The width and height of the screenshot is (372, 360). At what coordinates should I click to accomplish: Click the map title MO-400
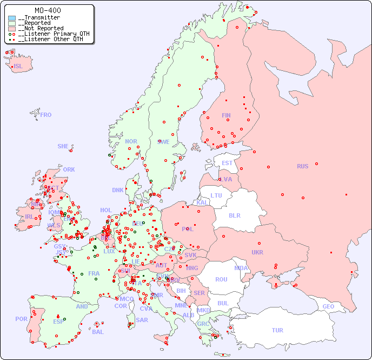point(48,10)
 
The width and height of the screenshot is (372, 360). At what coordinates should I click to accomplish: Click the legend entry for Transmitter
point(41,18)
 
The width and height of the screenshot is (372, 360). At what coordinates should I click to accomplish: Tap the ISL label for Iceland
point(18,67)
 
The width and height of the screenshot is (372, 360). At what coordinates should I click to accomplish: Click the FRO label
point(46,115)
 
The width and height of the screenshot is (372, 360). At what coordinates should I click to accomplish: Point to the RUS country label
point(302,166)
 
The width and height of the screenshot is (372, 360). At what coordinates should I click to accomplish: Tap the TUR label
point(277,330)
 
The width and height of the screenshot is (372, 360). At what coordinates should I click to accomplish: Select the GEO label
point(328,306)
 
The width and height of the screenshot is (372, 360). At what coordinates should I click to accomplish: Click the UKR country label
point(257,252)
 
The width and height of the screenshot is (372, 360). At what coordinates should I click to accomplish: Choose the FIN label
point(226,115)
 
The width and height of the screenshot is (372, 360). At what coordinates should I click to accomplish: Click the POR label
point(21,319)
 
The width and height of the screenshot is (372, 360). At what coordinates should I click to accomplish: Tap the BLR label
point(234,215)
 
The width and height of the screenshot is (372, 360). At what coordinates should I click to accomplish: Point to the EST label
point(227,163)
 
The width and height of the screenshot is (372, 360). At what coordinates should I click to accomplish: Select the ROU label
point(221,279)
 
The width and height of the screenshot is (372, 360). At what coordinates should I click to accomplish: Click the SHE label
point(63,146)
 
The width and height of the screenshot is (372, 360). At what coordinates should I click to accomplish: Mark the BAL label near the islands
point(98,332)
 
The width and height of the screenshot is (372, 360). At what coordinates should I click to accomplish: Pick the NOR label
point(131,141)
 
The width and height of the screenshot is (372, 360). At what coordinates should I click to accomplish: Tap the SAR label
point(142,320)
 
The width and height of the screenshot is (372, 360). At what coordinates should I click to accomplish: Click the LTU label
point(216,195)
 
